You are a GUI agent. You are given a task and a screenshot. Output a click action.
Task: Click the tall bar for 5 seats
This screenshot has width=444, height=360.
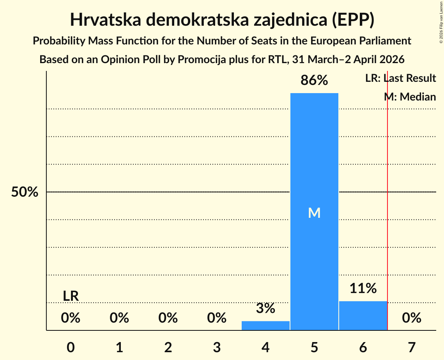(314, 156)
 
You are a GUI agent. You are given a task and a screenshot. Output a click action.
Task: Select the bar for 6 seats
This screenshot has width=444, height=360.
(363, 316)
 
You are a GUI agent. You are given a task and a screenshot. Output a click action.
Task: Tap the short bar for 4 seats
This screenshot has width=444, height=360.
(265, 325)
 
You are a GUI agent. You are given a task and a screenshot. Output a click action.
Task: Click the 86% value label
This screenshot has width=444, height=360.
(314, 81)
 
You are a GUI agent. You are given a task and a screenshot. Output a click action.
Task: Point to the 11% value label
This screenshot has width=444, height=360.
(363, 289)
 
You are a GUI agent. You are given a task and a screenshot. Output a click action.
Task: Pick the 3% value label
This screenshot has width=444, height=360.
(265, 309)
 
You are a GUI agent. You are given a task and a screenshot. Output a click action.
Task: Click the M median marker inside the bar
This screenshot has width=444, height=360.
(314, 213)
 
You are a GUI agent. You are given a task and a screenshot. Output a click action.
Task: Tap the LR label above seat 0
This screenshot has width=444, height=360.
(71, 296)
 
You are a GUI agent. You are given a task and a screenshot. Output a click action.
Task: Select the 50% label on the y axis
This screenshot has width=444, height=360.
(25, 192)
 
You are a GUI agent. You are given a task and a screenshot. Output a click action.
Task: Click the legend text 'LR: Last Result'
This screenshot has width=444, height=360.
(400, 78)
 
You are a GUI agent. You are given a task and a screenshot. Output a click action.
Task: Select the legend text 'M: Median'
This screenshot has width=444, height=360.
(410, 97)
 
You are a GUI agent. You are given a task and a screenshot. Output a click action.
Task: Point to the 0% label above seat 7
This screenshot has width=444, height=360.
(412, 318)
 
